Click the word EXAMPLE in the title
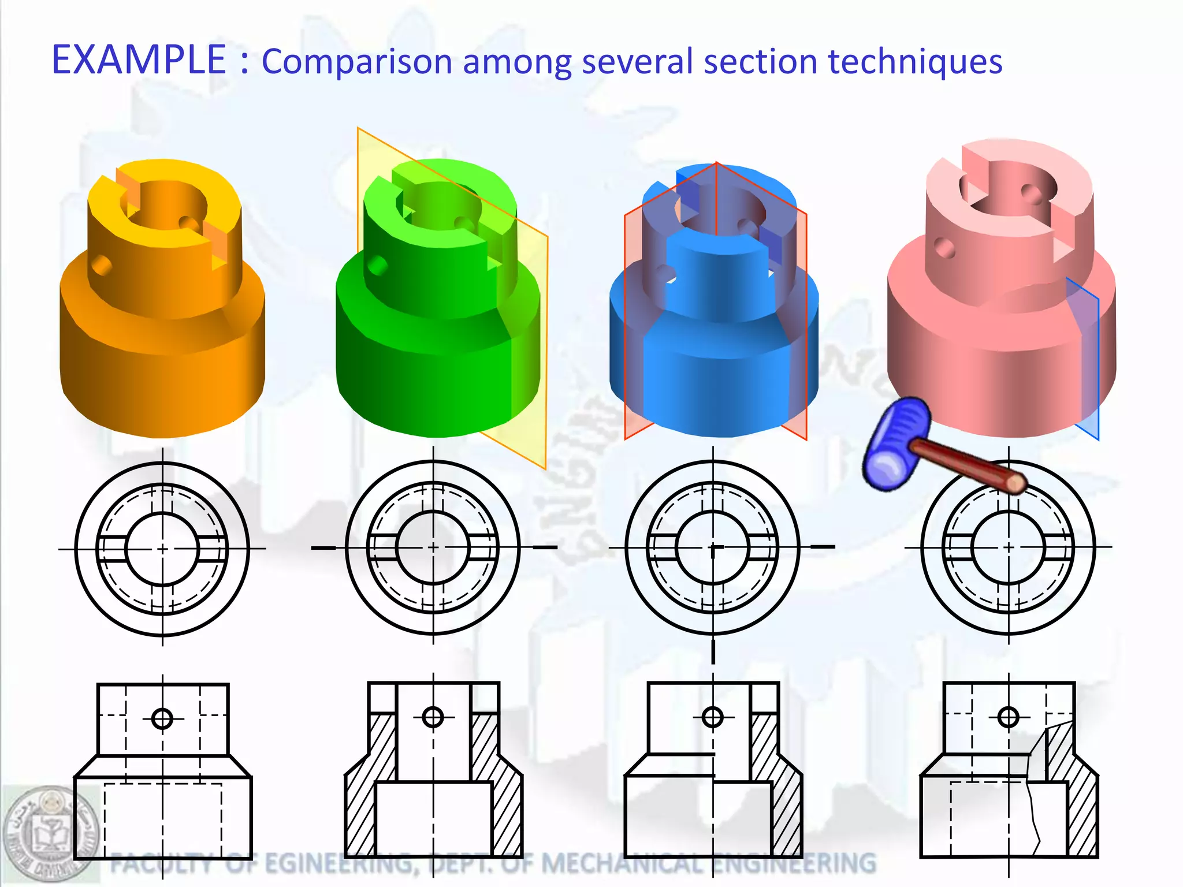pos(139,59)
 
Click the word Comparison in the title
pos(356,62)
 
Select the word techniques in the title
pos(915,62)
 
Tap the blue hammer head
pos(895,443)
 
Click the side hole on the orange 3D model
pos(102,266)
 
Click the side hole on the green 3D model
pos(377,266)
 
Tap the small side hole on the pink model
pos(944,248)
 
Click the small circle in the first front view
pos(162,719)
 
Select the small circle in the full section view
pos(433,718)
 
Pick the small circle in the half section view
pos(712,718)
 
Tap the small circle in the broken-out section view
pos(1008,718)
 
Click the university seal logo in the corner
pos(51,832)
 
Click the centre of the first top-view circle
pos(162,549)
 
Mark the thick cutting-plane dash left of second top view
pos(323,547)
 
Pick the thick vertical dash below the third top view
pos(713,653)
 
